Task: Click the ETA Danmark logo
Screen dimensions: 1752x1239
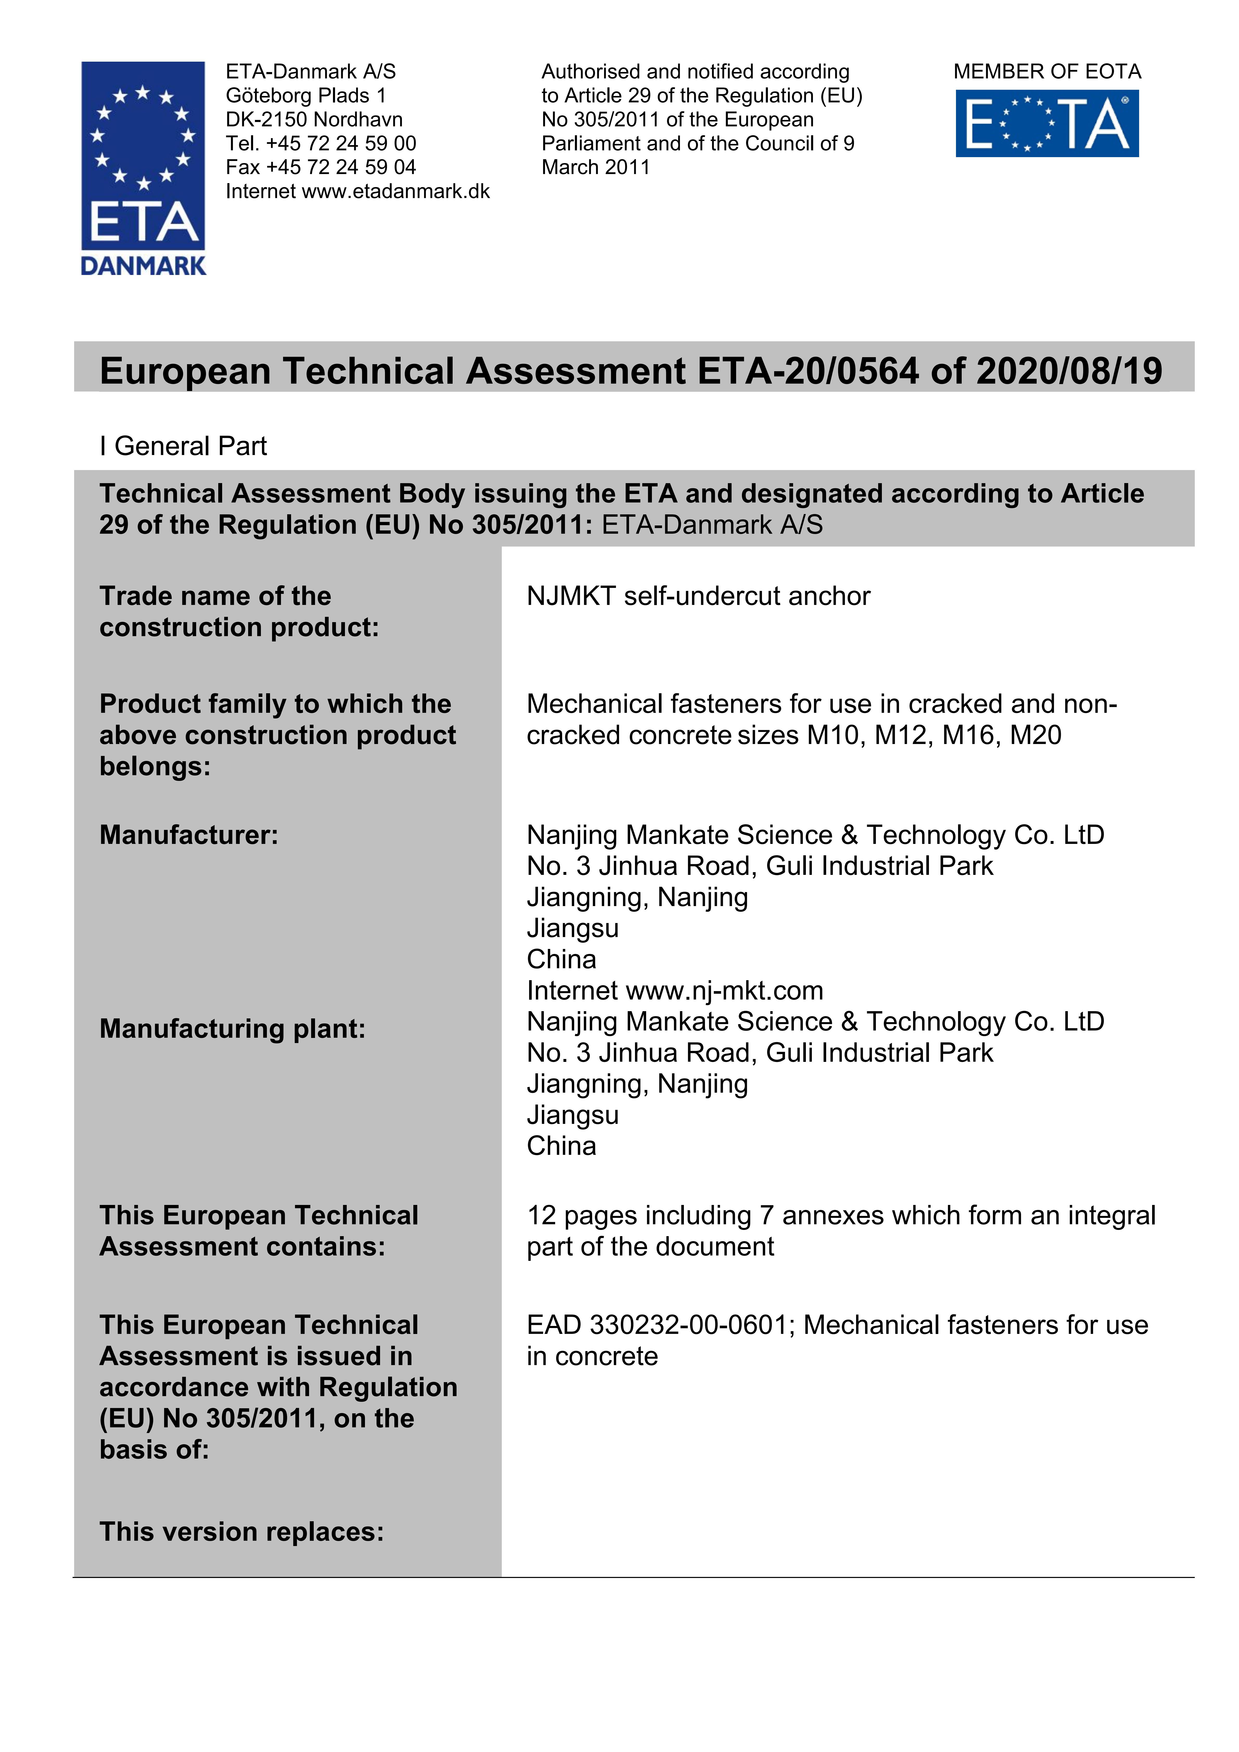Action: (143, 168)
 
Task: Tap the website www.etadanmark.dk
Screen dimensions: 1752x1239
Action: (396, 191)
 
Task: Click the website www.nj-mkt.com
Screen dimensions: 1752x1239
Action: (724, 991)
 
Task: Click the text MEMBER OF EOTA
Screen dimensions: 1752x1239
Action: (1047, 72)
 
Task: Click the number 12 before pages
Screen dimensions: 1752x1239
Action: (541, 1216)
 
